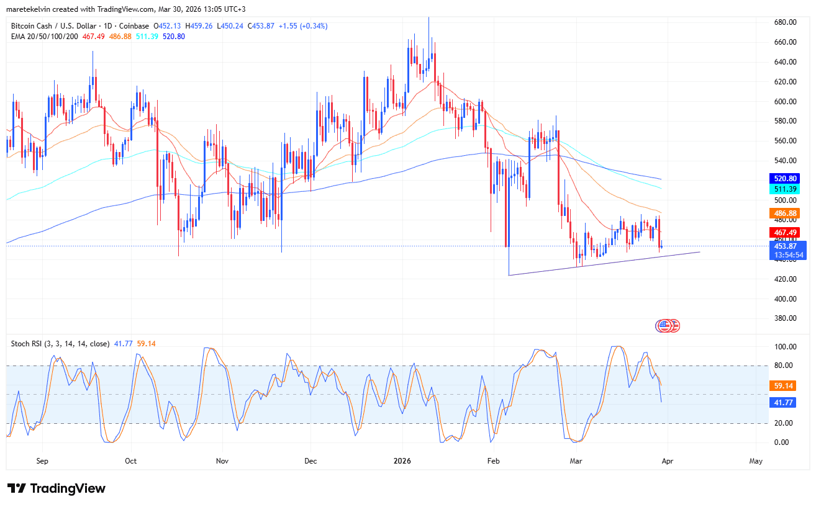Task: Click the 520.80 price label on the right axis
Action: point(784,178)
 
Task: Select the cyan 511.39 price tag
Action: point(784,189)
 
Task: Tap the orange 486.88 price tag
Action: point(784,213)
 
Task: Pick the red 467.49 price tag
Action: point(784,232)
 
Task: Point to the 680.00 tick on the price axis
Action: point(785,22)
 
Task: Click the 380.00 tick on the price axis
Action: point(785,318)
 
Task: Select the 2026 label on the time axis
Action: point(402,461)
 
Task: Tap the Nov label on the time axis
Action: point(222,461)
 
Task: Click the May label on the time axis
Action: point(756,461)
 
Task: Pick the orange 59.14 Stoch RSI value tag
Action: point(784,385)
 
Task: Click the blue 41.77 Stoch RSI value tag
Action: point(784,402)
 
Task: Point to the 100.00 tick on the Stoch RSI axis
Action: point(785,346)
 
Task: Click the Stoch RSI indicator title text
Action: point(60,343)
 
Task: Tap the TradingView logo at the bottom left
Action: point(57,488)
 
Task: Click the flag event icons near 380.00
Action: point(668,325)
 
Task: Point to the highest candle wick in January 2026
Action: point(428,19)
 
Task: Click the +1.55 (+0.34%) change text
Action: point(303,25)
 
